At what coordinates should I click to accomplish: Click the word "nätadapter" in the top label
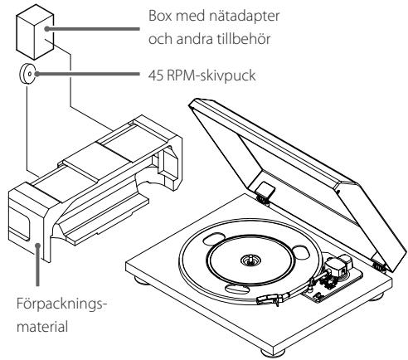[x=244, y=16]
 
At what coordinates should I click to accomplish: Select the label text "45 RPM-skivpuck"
[x=202, y=75]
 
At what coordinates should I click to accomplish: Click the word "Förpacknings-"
[x=61, y=304]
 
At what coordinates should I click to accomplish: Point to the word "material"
[x=42, y=327]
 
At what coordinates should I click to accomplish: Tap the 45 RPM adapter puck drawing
[x=27, y=73]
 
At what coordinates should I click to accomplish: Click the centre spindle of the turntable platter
[x=250, y=259]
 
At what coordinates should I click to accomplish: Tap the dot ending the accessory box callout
[x=47, y=28]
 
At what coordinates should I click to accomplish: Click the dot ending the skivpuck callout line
[x=36, y=74]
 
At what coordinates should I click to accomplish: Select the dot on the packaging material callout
[x=38, y=245]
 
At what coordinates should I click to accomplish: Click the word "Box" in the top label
[x=160, y=16]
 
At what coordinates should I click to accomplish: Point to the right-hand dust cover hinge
[x=379, y=266]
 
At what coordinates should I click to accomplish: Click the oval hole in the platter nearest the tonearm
[x=301, y=251]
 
